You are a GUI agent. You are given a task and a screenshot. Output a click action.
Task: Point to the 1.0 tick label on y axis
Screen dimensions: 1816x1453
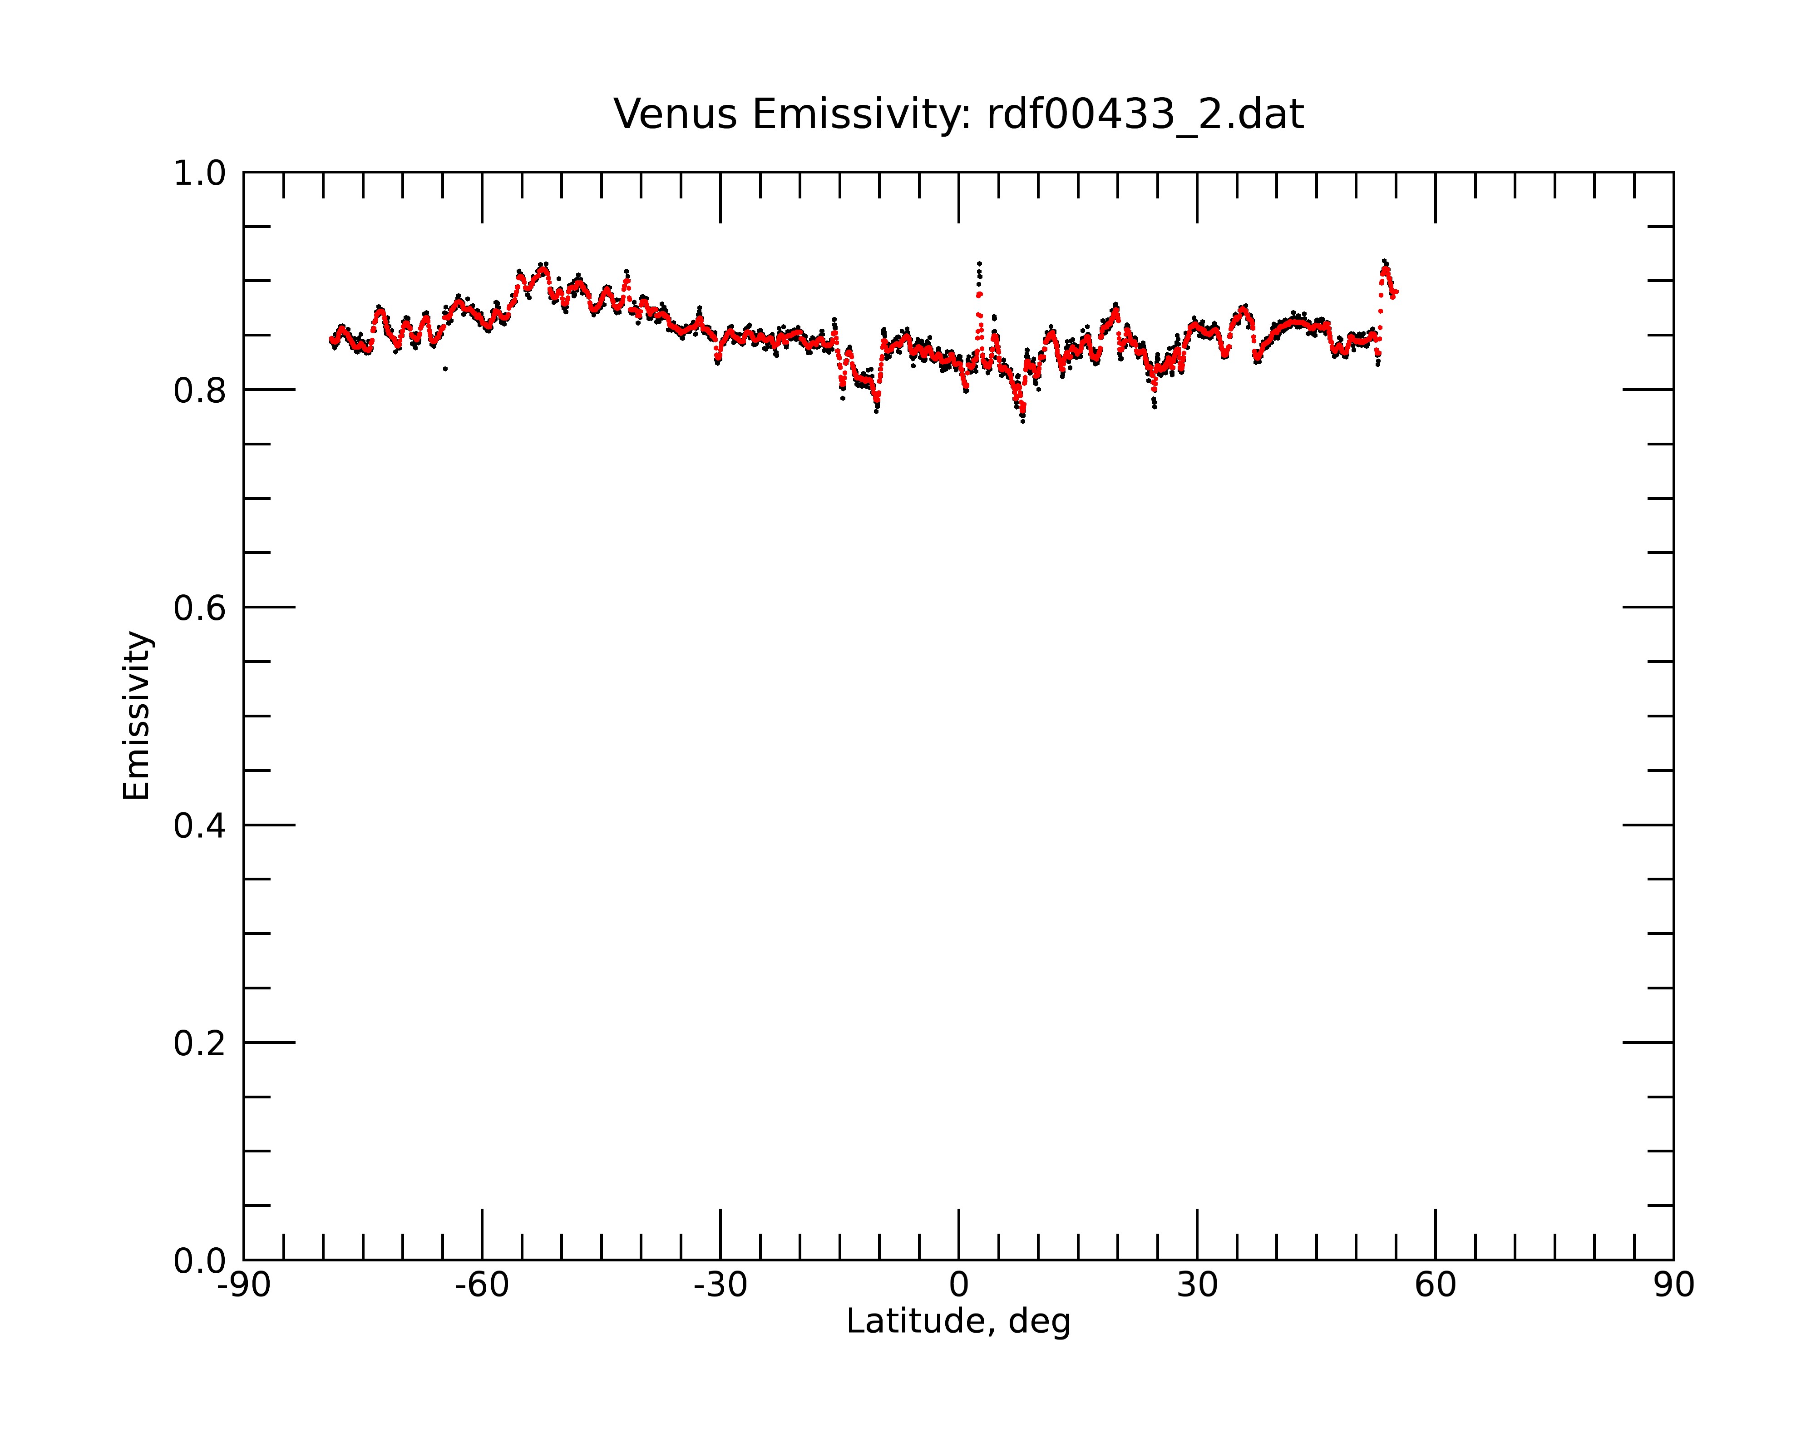tap(200, 173)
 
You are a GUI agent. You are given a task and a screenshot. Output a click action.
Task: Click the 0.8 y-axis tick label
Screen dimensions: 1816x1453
tap(200, 391)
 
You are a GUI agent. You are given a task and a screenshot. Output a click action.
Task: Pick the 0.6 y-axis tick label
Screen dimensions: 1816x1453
tap(200, 608)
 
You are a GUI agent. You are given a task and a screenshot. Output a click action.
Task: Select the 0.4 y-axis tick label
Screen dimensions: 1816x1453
tap(200, 826)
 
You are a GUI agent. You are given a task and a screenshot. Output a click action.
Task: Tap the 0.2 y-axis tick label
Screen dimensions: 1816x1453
tap(200, 1043)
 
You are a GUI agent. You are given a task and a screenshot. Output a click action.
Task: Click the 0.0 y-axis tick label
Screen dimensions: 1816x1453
tap(200, 1261)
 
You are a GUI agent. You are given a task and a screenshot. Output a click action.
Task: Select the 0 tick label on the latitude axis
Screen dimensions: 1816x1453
tap(958, 1285)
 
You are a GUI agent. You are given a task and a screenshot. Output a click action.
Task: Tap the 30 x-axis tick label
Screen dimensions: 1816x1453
tap(1197, 1285)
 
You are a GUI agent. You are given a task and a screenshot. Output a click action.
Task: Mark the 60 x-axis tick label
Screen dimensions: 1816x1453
tap(1435, 1285)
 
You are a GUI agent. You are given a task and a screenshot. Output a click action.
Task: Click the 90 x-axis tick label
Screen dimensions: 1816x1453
tap(1673, 1285)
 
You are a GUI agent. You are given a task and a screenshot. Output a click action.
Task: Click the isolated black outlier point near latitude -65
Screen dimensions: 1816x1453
tap(445, 369)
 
